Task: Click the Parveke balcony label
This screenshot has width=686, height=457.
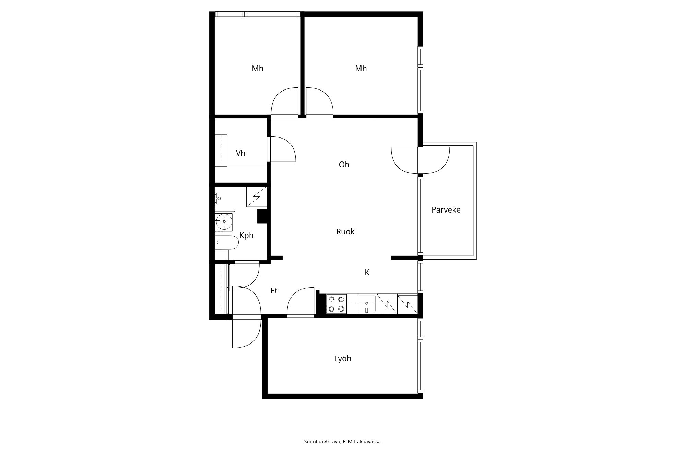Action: click(446, 210)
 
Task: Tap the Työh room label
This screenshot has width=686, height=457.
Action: click(342, 359)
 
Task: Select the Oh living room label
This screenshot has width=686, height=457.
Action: click(344, 165)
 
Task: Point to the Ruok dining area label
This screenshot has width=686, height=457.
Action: click(345, 232)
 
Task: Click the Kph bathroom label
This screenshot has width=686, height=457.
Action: click(246, 236)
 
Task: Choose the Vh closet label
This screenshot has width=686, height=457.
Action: click(240, 153)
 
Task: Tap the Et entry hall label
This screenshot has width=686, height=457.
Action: click(274, 291)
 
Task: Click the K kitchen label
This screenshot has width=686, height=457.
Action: click(367, 273)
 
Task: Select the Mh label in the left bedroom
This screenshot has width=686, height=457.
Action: click(258, 69)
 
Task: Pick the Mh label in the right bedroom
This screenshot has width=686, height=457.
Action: click(361, 69)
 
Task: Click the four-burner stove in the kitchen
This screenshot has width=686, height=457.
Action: click(336, 304)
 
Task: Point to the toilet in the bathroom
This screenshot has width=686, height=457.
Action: click(226, 242)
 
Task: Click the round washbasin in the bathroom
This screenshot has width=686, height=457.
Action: click(224, 222)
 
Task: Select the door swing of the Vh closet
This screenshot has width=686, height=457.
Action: click(283, 149)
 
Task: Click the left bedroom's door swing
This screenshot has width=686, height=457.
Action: click(285, 101)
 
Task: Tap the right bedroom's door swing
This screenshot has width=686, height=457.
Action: click(320, 101)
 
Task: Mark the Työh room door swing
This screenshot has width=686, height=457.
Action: click(300, 301)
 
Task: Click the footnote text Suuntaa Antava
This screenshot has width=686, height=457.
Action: click(323, 442)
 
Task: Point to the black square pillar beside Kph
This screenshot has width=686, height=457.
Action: click(262, 216)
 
